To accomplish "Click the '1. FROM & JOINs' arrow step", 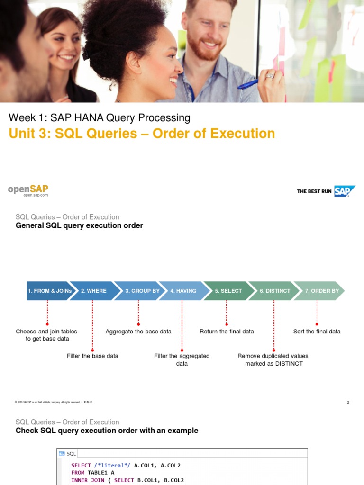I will (49, 291).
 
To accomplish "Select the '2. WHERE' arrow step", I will (94, 291).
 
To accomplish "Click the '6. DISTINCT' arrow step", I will (274, 291).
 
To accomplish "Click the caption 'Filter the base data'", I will (92, 356).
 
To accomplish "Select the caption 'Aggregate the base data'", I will (138, 332).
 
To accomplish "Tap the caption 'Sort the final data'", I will (317, 332).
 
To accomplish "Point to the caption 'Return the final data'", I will (227, 332).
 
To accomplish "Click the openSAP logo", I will (28, 190).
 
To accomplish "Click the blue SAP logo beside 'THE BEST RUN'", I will (345, 191).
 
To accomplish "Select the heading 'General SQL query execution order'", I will (79, 225).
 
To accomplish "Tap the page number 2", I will (348, 402).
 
